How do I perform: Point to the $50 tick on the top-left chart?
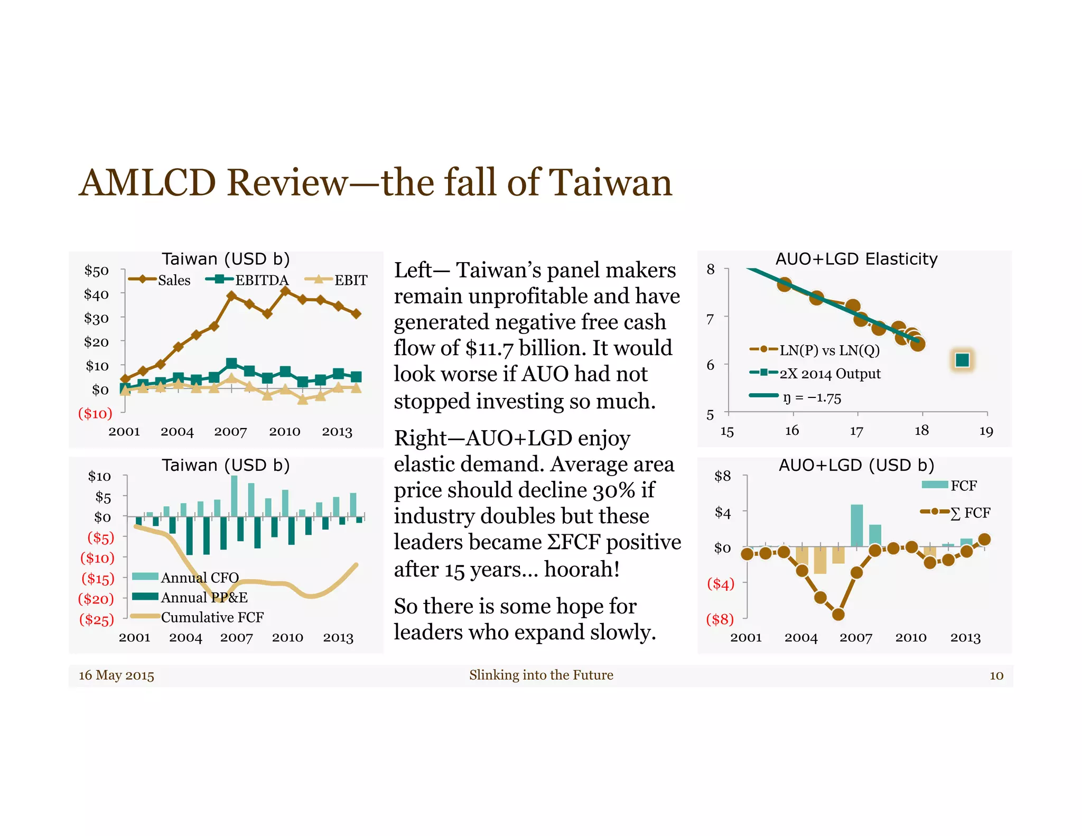tap(97, 271)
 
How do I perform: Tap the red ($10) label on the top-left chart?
tap(95, 413)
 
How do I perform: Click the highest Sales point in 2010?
tap(285, 291)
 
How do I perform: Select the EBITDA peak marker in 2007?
tap(231, 363)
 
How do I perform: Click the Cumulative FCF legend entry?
tap(212, 617)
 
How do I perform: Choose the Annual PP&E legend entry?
tap(204, 597)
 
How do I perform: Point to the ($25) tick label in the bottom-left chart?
tap(97, 619)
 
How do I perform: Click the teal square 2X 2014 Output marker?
tap(962, 360)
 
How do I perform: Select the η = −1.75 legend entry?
tap(811, 397)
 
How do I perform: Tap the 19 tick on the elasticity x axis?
tap(986, 431)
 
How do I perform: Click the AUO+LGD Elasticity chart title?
tap(856, 259)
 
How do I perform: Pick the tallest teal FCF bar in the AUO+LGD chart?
tap(856, 525)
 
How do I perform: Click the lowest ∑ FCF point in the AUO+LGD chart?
tap(838, 615)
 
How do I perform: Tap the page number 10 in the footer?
tap(996, 675)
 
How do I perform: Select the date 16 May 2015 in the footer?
tap(117, 675)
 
